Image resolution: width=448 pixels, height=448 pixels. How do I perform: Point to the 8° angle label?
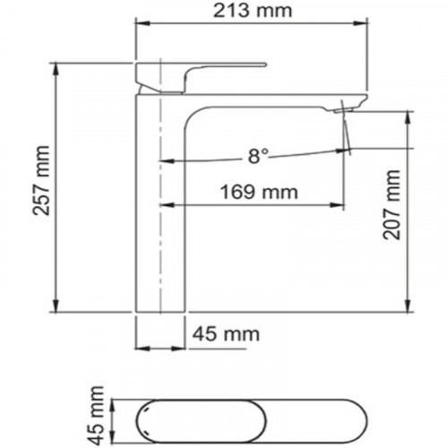[x=257, y=157]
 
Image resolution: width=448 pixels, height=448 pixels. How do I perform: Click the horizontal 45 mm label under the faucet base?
[x=224, y=334]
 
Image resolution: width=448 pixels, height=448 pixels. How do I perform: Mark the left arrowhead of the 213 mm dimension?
[x=139, y=25]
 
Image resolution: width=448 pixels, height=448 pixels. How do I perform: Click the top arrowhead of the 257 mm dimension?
[x=56, y=66]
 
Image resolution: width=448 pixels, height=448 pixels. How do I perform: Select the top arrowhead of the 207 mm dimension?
[x=409, y=115]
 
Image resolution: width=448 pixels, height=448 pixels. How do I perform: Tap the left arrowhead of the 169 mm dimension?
[x=164, y=207]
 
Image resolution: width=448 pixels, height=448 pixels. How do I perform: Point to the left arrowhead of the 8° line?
[x=164, y=162]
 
